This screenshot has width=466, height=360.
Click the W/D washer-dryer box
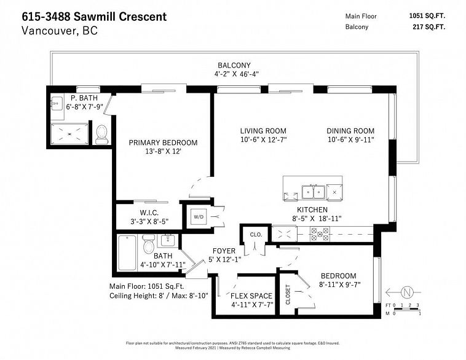point(199,217)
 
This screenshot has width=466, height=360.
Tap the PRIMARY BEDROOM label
point(154,143)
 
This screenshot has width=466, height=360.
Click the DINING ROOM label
point(350,131)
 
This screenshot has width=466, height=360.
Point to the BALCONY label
point(233,65)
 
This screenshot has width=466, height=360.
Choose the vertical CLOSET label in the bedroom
point(287,293)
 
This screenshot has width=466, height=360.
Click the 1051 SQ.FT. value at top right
point(426,17)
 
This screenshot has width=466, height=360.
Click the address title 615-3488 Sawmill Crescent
point(93,17)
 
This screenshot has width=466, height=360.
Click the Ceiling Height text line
point(159,295)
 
